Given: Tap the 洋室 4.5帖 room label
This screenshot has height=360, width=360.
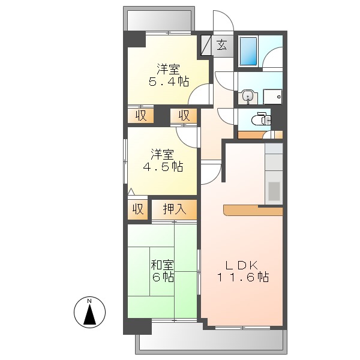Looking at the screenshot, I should coord(162,160).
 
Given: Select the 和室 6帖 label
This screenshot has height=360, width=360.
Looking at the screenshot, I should coord(162,270).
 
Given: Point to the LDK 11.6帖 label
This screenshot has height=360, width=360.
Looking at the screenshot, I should coord(242,271).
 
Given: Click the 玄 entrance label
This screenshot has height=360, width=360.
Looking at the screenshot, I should coord(221,45).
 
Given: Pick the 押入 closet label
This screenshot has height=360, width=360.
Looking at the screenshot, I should coord(174,209).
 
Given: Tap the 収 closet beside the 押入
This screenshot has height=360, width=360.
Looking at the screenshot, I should coord(137,209).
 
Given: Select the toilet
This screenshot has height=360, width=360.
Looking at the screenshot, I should coord(260,119).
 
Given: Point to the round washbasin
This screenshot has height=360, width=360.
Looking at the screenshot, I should coord(248,96).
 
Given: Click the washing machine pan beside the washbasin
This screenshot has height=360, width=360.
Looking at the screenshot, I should coord(272,96).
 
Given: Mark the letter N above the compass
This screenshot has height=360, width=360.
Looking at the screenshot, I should coord(89,301).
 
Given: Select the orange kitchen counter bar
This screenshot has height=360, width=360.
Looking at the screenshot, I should coord(252,210).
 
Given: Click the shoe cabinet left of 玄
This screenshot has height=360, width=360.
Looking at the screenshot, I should coord(206,46).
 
